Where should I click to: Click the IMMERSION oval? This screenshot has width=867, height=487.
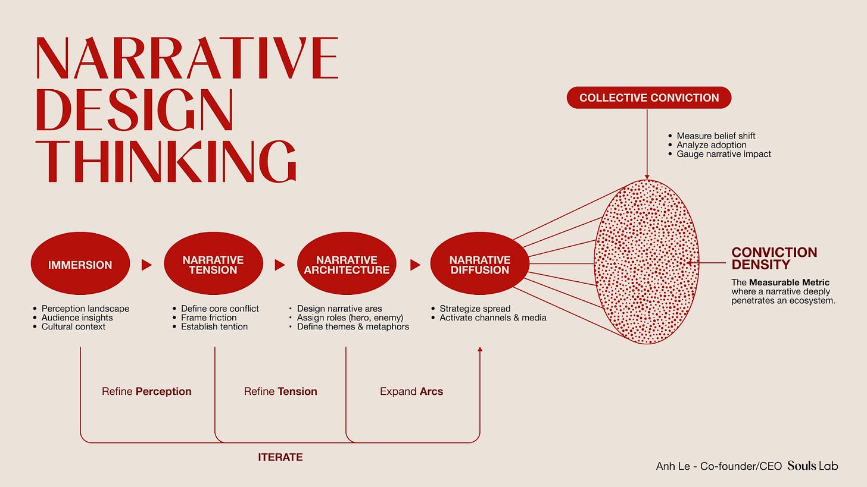(80, 265)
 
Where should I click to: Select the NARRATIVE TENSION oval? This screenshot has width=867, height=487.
(213, 265)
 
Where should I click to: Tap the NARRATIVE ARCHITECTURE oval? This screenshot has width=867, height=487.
(347, 265)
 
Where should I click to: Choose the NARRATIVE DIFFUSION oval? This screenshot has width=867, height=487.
(480, 265)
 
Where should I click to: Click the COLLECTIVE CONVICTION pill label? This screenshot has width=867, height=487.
(648, 98)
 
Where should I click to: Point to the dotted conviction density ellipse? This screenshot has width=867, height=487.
(646, 262)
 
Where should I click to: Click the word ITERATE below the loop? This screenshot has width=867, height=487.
(280, 457)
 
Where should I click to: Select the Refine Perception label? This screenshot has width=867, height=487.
(146, 392)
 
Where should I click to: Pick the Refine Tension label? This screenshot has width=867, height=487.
(280, 392)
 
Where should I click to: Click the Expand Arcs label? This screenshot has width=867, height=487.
(411, 392)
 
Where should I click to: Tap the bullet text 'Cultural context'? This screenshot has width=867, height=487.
(73, 326)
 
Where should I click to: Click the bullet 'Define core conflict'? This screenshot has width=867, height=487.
(220, 309)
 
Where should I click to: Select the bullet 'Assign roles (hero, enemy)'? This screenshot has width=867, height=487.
(350, 318)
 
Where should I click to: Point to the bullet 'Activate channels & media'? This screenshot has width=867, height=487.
(492, 318)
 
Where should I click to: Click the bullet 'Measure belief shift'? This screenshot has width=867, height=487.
(716, 136)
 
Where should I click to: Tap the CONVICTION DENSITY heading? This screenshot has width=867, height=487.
(774, 259)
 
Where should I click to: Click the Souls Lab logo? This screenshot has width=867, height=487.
(812, 466)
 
